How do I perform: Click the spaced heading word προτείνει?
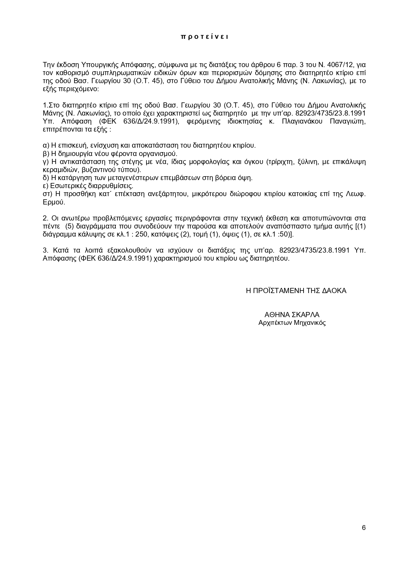(x=204, y=37)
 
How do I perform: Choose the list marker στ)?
(x=48, y=194)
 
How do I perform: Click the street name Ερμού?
(x=54, y=202)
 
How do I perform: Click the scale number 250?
(x=139, y=234)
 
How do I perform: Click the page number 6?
(x=364, y=528)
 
